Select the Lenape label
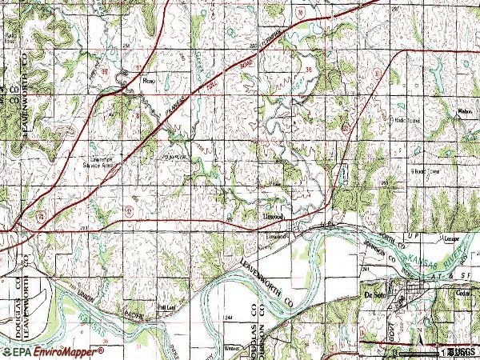click(x=454, y=238)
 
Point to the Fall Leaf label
click(x=166, y=306)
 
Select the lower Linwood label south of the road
click(x=276, y=237)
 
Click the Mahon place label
click(x=462, y=113)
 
